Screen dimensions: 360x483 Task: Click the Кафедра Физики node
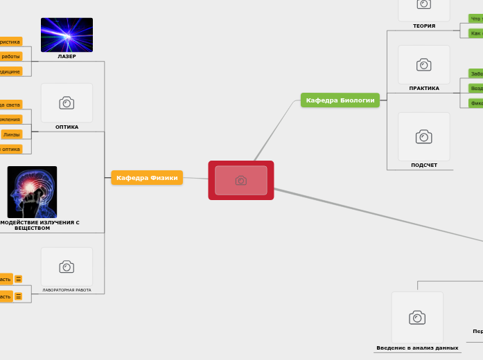click(x=147, y=178)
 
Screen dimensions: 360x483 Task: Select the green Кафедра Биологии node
click(x=340, y=100)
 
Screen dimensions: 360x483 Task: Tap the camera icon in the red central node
click(x=241, y=181)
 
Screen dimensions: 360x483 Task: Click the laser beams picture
click(x=67, y=35)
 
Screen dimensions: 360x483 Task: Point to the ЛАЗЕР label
click(x=67, y=57)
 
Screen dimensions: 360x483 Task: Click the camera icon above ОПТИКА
click(x=67, y=103)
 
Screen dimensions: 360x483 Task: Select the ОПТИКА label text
click(x=67, y=127)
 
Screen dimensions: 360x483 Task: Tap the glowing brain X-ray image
click(x=32, y=192)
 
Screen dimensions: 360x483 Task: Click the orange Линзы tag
click(x=12, y=134)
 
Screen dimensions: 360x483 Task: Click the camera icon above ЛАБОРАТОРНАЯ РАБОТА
click(x=67, y=267)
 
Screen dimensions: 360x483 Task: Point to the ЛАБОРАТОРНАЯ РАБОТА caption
click(x=67, y=290)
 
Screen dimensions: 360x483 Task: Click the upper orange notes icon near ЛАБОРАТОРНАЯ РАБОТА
click(x=19, y=279)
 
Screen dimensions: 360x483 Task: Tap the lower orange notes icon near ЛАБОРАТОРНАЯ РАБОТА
click(x=19, y=296)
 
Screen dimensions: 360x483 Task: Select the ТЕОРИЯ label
click(x=424, y=26)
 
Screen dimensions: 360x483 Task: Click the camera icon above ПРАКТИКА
click(x=424, y=65)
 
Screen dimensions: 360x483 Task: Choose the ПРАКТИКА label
click(x=424, y=89)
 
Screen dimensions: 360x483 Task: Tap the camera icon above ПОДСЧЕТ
click(x=424, y=136)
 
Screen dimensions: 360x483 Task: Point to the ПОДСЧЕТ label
click(x=424, y=165)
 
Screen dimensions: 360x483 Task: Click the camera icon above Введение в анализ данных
click(x=417, y=317)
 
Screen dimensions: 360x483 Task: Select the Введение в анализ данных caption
click(x=417, y=348)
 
